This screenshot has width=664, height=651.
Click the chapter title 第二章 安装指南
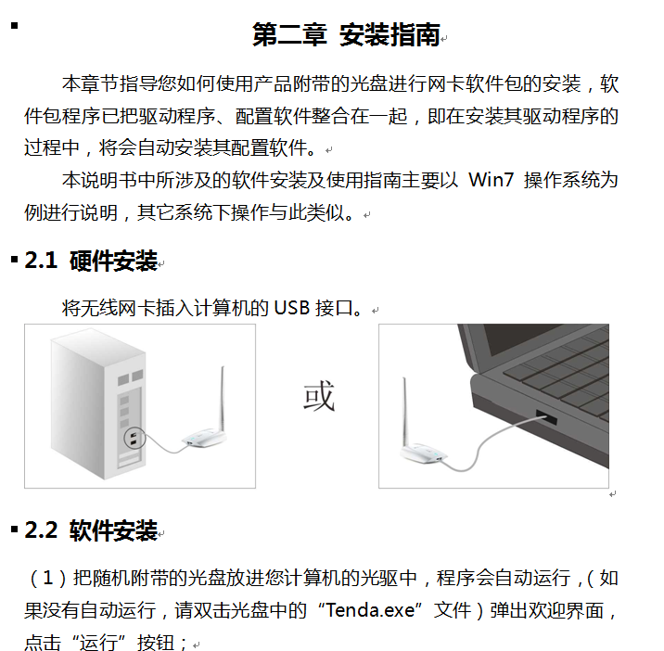347,34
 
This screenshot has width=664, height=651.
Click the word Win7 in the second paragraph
492,180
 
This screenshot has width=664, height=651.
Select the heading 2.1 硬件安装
91,260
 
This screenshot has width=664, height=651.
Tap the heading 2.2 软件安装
91,530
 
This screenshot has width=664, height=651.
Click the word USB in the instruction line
292,308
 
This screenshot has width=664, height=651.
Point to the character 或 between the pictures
319,396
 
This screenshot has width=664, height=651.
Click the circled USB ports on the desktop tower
134,438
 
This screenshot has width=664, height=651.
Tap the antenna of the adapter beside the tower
222,399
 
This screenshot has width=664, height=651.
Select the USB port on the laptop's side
546,416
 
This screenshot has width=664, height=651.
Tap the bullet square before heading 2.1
15,260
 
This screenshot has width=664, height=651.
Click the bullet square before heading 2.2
15,529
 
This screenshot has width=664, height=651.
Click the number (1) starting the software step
46,578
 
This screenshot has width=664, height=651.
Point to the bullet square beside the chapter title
15,26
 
